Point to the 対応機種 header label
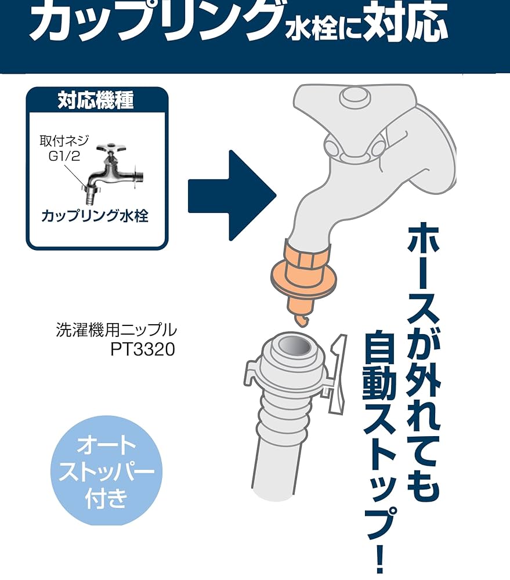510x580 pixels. [96, 100]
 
